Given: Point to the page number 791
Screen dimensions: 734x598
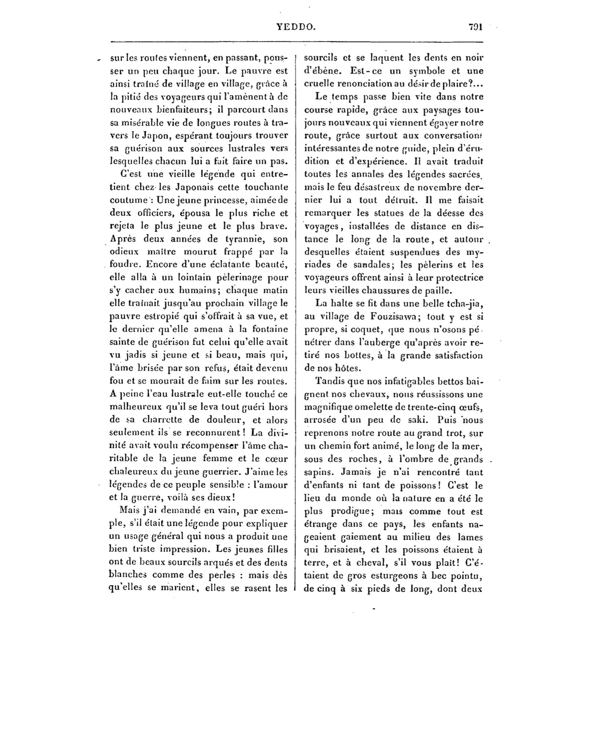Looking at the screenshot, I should coord(475,27).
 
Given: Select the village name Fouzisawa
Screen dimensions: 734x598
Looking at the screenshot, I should coord(391,317).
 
